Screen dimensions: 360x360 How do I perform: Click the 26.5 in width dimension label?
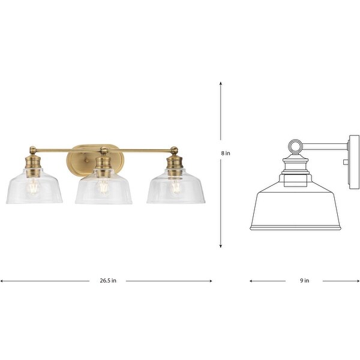108,280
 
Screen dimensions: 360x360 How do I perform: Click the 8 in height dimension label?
226,154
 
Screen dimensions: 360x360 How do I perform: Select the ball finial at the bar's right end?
175,150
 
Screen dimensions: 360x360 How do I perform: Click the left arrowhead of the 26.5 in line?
2,280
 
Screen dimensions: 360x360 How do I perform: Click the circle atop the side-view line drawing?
295,146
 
